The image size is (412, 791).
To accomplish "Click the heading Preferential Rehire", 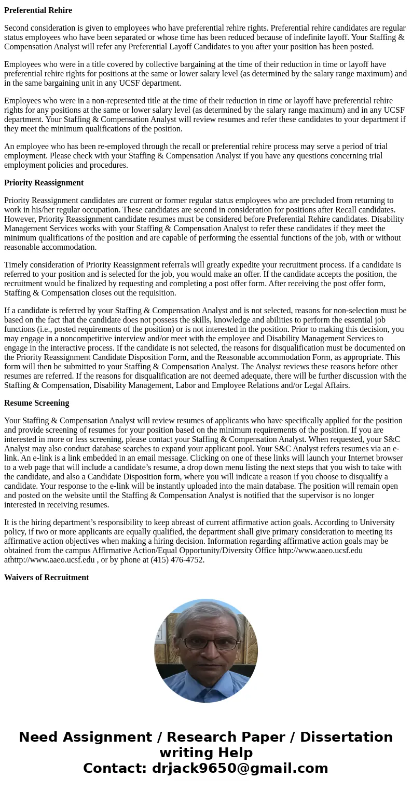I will [38, 10].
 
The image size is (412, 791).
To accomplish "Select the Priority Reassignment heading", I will [44, 183].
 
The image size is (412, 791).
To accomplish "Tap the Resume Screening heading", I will [36, 403].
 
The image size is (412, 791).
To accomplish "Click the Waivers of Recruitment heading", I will [47, 578].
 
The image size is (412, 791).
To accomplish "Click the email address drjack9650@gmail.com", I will [240, 769].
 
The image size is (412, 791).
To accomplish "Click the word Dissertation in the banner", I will [346, 738].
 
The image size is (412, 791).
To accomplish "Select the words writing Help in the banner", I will [206, 753].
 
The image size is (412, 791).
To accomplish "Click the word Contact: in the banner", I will [115, 769].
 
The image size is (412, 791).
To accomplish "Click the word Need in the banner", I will [38, 738].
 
